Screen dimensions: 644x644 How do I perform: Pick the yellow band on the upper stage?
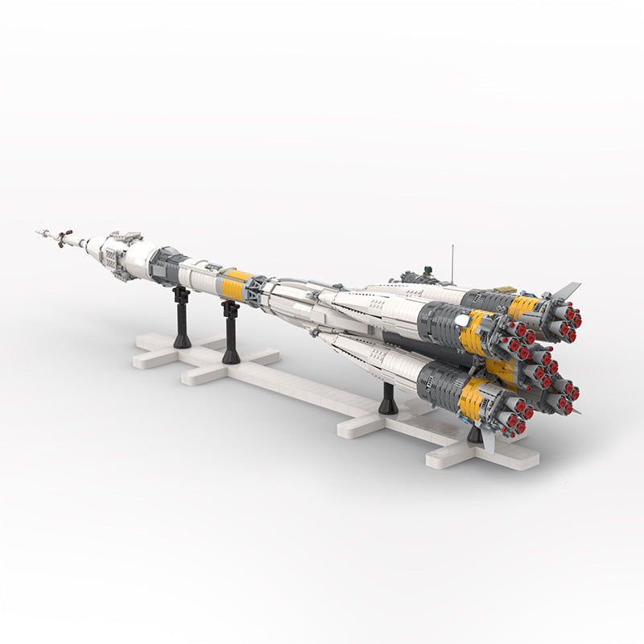[x=234, y=281]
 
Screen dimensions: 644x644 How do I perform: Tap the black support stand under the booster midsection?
[x=388, y=399]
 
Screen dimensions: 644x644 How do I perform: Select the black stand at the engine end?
[x=475, y=435]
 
